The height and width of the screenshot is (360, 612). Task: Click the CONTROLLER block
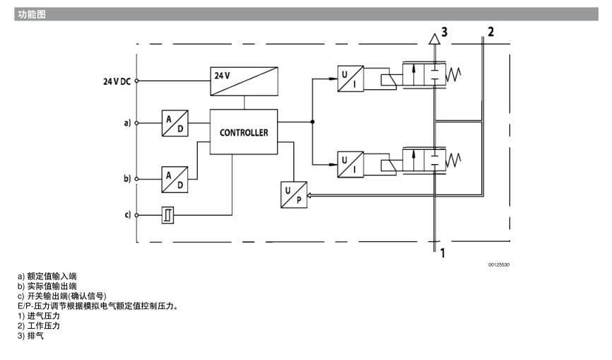244,131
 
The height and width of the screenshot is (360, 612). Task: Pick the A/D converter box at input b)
175,178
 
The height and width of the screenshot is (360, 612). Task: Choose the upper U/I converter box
351,79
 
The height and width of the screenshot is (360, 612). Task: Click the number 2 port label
490,31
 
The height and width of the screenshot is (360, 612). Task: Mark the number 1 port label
442,252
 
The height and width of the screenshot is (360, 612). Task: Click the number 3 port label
445,31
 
